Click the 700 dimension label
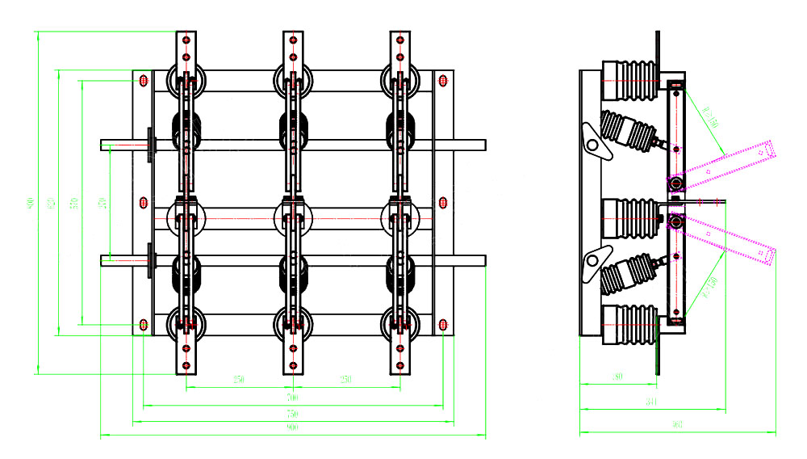(292, 398)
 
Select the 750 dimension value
(292, 415)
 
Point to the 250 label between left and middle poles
(239, 379)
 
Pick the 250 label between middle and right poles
(345, 379)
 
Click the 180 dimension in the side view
(617, 377)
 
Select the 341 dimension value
(652, 402)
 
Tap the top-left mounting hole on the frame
(143, 80)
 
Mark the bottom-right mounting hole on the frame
(443, 324)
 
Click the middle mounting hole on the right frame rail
(443, 201)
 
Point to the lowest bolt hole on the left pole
(186, 366)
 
